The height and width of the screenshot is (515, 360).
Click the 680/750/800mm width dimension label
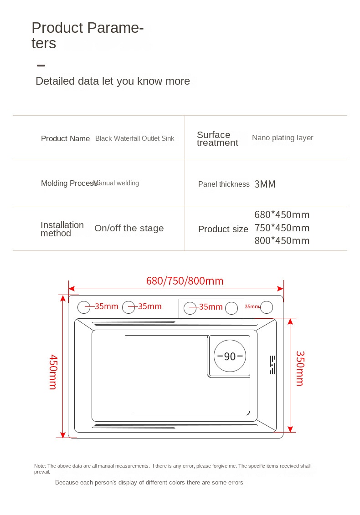point(185,281)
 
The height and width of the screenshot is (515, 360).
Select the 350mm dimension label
point(299,368)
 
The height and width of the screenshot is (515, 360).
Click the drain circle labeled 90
point(230,356)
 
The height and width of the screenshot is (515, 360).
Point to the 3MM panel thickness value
point(265,184)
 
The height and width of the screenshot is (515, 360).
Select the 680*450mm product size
point(282,214)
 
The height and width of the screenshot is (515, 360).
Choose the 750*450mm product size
point(282,228)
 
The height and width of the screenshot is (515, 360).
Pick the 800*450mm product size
point(282,241)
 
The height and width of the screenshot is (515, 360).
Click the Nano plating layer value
point(283,138)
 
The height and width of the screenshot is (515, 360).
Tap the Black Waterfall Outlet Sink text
point(134,138)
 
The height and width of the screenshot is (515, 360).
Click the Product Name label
point(65,138)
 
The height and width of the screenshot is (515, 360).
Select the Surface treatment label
point(217,138)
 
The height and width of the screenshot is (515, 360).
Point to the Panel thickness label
point(224,184)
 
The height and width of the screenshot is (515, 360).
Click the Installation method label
point(62,229)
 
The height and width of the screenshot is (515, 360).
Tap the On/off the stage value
point(129,229)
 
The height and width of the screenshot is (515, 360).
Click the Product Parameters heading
point(87,35)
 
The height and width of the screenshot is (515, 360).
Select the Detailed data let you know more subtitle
point(113,81)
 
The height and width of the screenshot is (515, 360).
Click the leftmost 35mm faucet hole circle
point(84,307)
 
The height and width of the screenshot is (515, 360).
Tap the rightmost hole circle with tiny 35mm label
point(267,307)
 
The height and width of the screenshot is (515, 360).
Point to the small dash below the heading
point(41,66)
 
